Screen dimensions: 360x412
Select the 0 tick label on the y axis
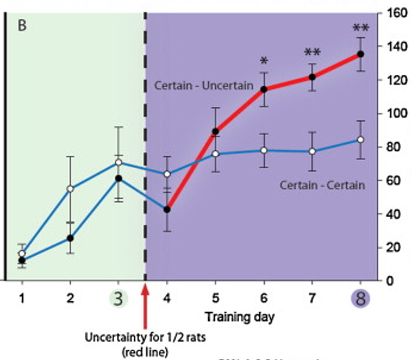(390, 280)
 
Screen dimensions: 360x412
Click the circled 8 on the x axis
(360, 298)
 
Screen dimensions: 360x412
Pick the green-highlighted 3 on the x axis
(118, 298)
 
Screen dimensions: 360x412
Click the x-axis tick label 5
(215, 298)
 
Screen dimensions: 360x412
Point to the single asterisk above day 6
(264, 61)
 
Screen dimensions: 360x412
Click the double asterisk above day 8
(361, 28)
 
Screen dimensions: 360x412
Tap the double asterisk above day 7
(312, 53)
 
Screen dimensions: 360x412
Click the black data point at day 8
(361, 54)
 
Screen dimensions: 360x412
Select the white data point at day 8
(361, 140)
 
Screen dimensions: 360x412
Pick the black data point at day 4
(167, 209)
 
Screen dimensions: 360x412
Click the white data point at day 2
(70, 188)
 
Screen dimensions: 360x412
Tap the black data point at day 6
(264, 89)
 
